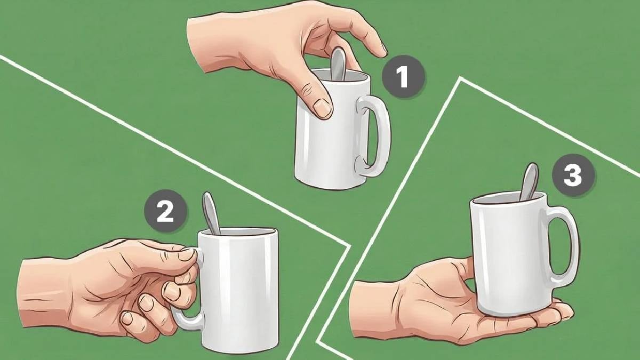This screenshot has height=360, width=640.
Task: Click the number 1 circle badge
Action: coord(403,77)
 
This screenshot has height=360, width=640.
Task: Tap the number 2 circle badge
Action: coord(166,211)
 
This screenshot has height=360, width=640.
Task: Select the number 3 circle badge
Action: coord(573,175)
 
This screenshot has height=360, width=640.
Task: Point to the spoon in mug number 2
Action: coord(211,213)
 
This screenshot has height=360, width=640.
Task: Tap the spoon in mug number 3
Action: coord(530,182)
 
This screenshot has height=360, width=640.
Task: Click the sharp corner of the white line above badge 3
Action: coord(460,78)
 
